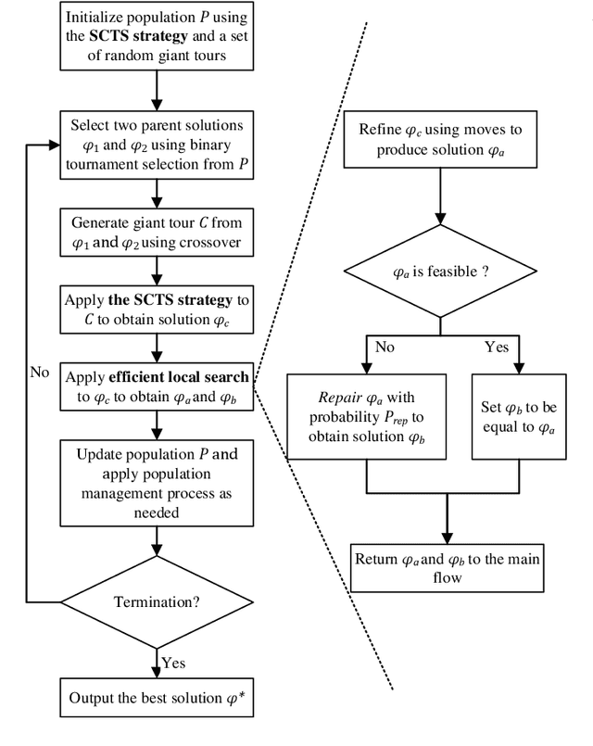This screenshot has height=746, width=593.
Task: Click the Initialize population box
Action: pos(159,37)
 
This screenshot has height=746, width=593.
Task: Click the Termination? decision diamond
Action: pos(159,600)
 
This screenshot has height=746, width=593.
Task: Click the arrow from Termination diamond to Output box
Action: pos(159,655)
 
